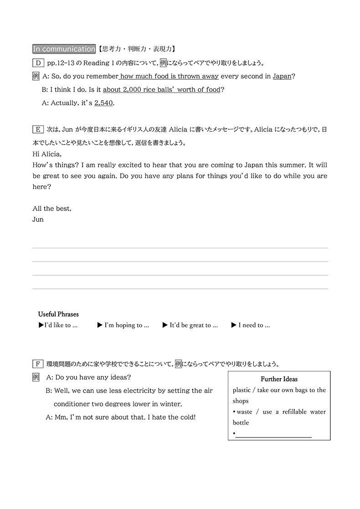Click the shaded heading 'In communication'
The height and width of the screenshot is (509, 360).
64,49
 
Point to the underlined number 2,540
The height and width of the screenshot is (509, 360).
104,103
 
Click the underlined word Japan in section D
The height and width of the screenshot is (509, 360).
282,76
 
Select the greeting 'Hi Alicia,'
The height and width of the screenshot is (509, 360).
47,154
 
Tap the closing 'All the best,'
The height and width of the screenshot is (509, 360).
51,209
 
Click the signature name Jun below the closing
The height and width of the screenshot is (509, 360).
38,219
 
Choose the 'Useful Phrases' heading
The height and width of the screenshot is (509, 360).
58,314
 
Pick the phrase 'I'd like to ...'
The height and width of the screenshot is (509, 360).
58,325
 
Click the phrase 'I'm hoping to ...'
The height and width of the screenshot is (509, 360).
123,325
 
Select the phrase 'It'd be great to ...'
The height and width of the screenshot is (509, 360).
190,325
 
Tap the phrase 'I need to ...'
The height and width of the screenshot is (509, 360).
251,325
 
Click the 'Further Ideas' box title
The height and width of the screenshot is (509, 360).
279,379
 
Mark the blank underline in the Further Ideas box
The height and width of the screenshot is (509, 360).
273,437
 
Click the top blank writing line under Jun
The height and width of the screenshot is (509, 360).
180,248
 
